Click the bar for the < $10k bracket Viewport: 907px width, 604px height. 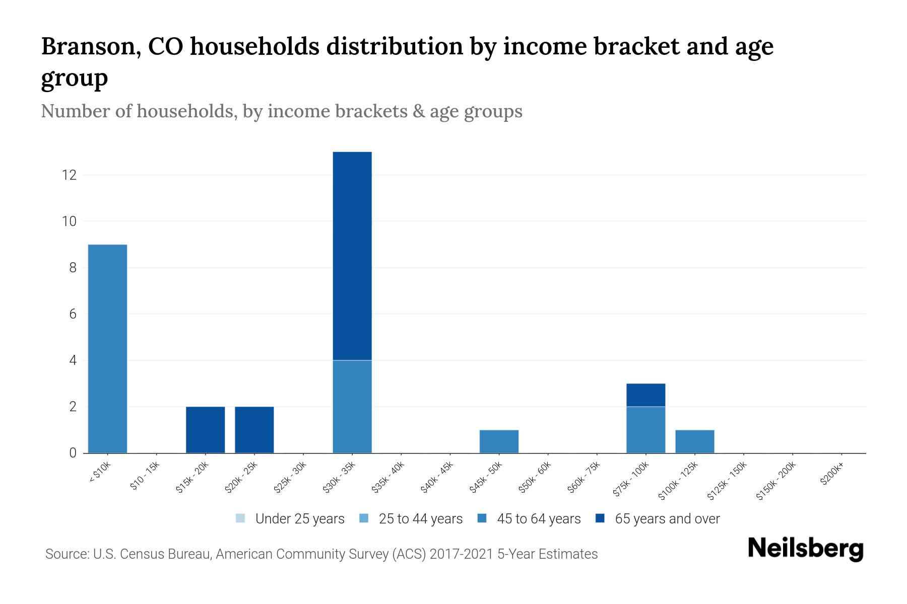click(x=107, y=348)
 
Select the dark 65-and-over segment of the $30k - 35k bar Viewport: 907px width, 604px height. click(x=352, y=256)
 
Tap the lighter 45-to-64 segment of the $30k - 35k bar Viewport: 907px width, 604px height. click(x=352, y=406)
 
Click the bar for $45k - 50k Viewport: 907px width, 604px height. click(x=499, y=441)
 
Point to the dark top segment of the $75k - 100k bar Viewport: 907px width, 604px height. click(x=645, y=395)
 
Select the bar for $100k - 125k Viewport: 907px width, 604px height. click(x=694, y=441)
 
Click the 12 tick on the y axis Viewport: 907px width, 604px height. click(x=69, y=175)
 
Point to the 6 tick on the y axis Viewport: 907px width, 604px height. click(x=73, y=314)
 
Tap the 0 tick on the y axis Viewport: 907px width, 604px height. click(x=73, y=453)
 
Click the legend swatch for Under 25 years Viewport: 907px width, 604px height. click(x=240, y=518)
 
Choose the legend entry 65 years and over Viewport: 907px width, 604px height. click(x=667, y=518)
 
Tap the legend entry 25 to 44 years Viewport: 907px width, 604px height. click(x=420, y=518)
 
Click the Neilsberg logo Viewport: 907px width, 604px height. click(x=805, y=549)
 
